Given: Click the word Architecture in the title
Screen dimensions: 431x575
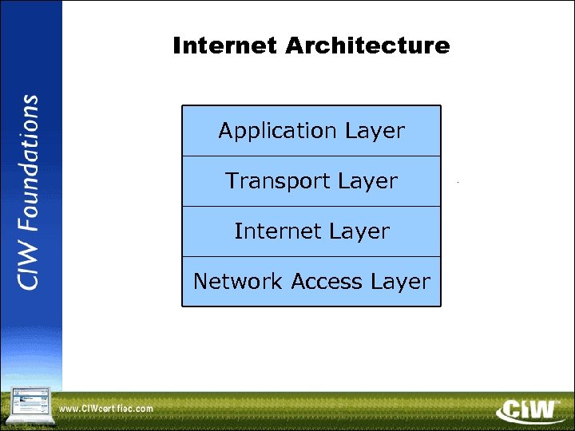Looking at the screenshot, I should pyautogui.click(x=367, y=46).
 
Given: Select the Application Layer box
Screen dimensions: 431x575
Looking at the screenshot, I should pyautogui.click(x=311, y=131).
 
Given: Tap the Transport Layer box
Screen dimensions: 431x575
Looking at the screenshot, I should pyautogui.click(x=311, y=181).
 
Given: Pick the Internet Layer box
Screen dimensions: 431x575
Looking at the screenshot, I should pyautogui.click(x=311, y=231).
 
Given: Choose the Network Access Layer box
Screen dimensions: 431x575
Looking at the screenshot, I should pyautogui.click(x=311, y=282).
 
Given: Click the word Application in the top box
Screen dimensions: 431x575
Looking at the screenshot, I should pyautogui.click(x=278, y=131).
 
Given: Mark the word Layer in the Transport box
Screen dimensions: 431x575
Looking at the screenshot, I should pyautogui.click(x=367, y=181).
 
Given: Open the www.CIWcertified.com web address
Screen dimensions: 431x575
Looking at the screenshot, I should pyautogui.click(x=106, y=409).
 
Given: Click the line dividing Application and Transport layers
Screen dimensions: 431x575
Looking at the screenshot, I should pyautogui.click(x=311, y=156).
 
